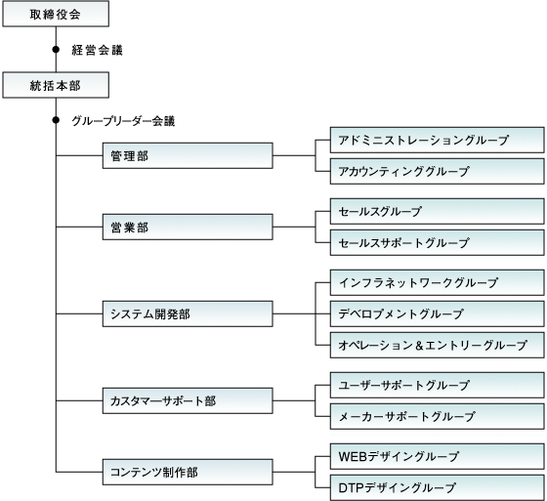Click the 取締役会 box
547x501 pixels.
coord(56,14)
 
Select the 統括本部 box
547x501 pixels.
coord(56,85)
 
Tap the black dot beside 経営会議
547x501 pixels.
coord(56,50)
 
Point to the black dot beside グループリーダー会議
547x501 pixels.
coord(56,120)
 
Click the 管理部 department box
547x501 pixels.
coord(188,155)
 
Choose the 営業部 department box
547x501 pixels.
coord(188,228)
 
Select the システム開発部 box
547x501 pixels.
coord(188,314)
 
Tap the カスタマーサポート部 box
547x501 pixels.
coord(188,400)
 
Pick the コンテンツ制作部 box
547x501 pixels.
coord(188,472)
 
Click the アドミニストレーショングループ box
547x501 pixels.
coord(438,140)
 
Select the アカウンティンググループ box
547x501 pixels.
coord(438,171)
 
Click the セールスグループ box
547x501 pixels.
coord(438,211)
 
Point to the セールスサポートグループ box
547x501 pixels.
coord(438,242)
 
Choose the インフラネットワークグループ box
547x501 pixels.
coord(438,282)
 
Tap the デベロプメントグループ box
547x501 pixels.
coord(438,314)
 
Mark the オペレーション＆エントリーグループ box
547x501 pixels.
coord(438,345)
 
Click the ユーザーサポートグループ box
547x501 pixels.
coord(438,385)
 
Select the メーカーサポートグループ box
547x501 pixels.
coord(438,416)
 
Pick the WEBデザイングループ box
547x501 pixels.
coord(438,456)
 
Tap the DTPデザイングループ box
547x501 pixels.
coord(438,487)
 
